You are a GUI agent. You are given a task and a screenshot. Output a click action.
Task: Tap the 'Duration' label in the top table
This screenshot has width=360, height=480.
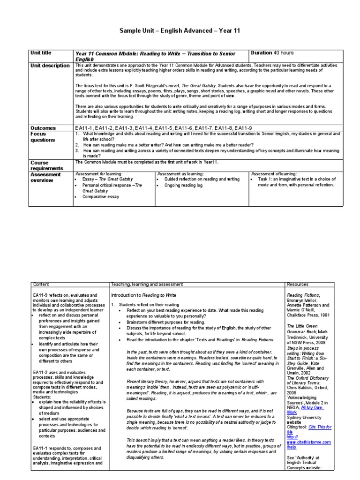(262, 53)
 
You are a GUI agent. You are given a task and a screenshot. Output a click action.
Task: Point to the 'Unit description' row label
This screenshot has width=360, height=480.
(50, 66)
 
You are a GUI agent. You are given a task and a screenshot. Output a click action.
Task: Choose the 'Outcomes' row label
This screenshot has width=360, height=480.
(43, 127)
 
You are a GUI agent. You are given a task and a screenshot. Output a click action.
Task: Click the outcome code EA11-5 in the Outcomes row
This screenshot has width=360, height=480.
(166, 127)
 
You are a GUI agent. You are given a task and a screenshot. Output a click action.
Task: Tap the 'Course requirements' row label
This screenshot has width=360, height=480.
(46, 165)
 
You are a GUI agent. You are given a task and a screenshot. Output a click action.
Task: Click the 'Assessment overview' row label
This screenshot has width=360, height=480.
(45, 177)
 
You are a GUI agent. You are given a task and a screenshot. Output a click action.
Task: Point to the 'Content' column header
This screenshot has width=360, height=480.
(41, 285)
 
